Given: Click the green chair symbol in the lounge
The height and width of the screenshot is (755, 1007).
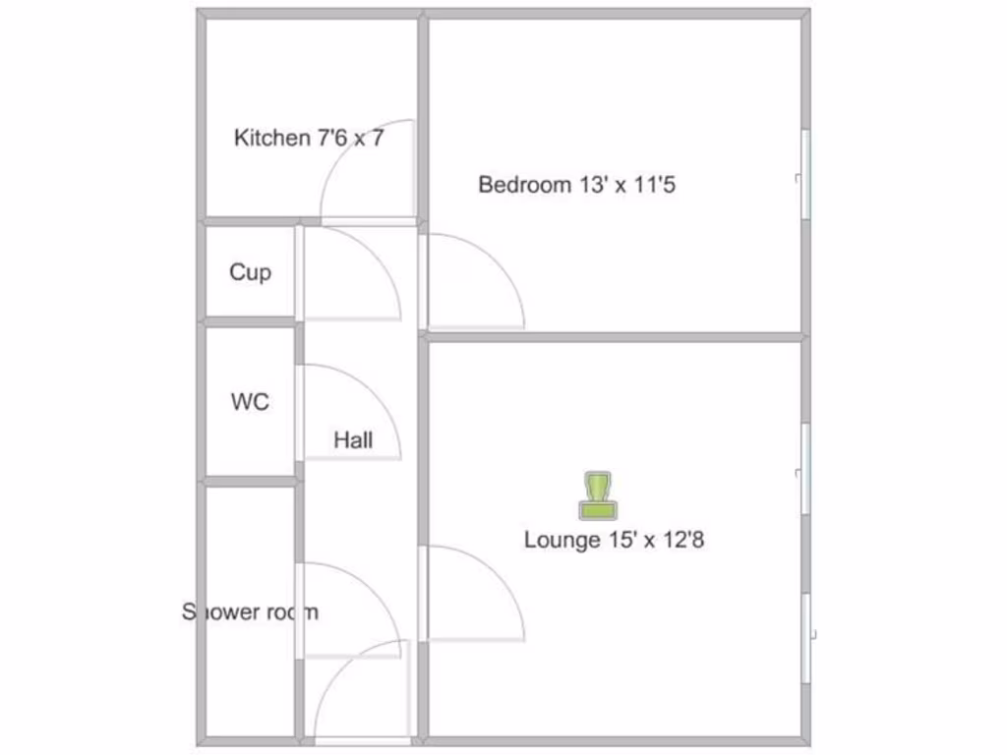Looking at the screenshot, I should pyautogui.click(x=597, y=495).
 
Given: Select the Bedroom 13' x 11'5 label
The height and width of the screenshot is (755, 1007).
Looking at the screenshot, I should pyautogui.click(x=576, y=185).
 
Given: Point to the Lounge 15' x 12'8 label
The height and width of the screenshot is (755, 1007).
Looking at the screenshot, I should pyautogui.click(x=614, y=540).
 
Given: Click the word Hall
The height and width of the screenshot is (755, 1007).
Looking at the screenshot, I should pyautogui.click(x=353, y=440).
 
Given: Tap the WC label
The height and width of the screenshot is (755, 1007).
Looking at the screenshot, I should pyautogui.click(x=250, y=402).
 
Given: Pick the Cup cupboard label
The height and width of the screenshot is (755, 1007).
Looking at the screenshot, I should pyautogui.click(x=250, y=272).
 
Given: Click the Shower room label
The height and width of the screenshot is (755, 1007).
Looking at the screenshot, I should pyautogui.click(x=250, y=611).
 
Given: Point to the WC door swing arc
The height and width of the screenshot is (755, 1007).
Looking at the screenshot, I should pyautogui.click(x=376, y=393).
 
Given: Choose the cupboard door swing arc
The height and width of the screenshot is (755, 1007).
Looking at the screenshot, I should pyautogui.click(x=376, y=258).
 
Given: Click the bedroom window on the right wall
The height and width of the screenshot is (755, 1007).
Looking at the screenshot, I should pyautogui.click(x=805, y=175).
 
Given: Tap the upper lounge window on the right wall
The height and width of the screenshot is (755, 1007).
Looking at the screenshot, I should pyautogui.click(x=805, y=469).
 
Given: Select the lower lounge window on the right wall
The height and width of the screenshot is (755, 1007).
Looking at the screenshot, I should pyautogui.click(x=805, y=639).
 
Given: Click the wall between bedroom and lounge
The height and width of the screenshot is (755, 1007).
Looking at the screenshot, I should pyautogui.click(x=615, y=336).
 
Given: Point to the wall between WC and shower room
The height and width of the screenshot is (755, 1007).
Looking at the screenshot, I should pyautogui.click(x=250, y=481).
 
